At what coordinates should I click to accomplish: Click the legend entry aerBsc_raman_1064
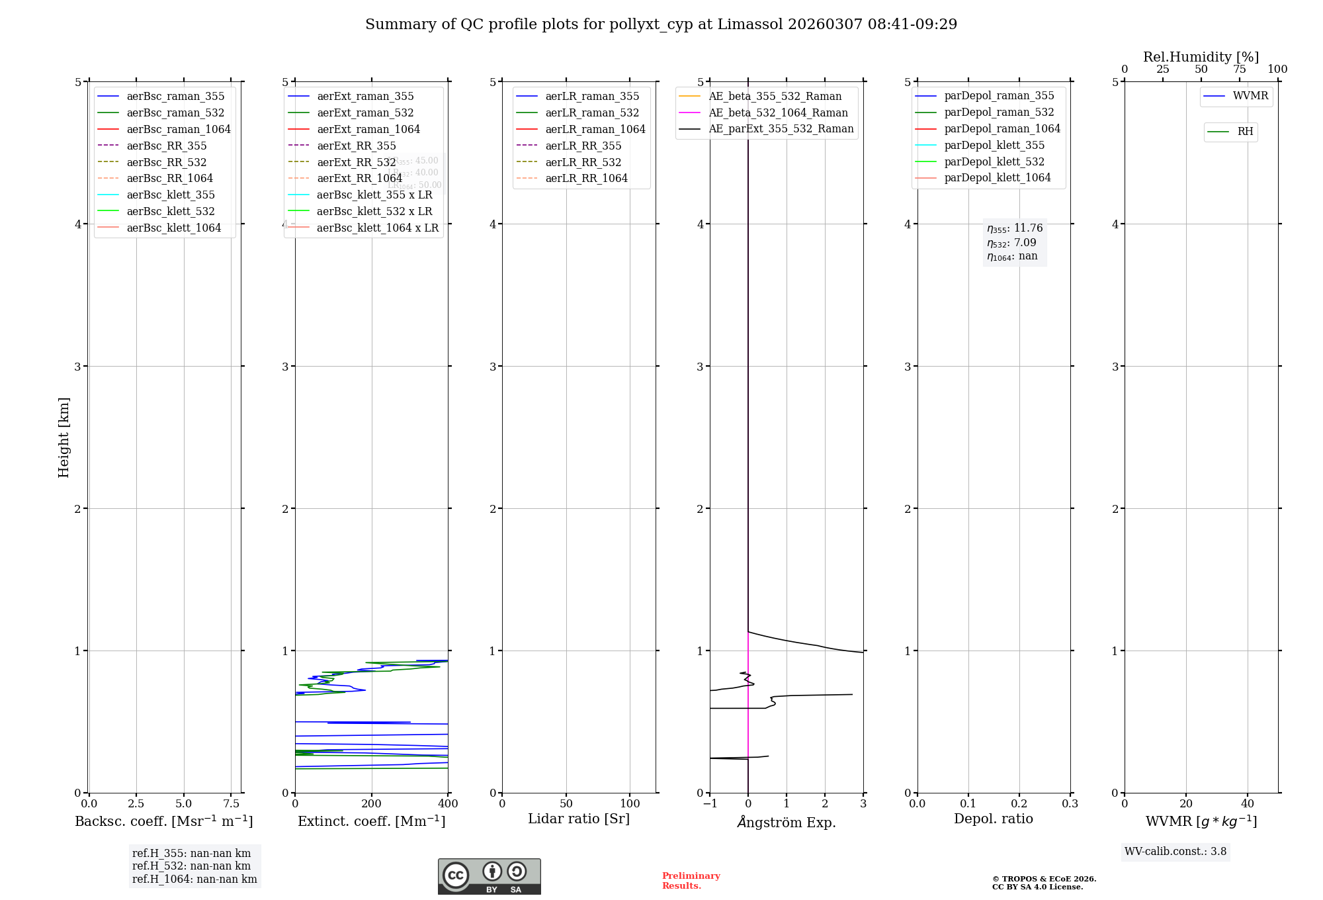click(x=179, y=129)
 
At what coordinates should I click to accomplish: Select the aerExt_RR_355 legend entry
click(x=356, y=146)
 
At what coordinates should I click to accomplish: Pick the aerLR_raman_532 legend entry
click(x=592, y=112)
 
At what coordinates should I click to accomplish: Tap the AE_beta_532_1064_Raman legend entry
click(x=778, y=112)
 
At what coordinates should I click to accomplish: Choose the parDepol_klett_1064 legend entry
click(x=997, y=177)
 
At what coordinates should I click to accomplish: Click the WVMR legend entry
click(x=1250, y=96)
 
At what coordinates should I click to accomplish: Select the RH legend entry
click(x=1245, y=132)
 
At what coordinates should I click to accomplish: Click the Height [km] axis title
click(x=64, y=437)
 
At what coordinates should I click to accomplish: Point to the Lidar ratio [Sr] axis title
click(x=579, y=819)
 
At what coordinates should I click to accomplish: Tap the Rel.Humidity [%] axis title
click(x=1201, y=57)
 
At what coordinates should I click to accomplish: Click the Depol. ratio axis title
click(x=993, y=819)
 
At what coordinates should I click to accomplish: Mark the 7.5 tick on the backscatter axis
click(x=231, y=803)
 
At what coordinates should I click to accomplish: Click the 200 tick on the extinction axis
click(x=372, y=803)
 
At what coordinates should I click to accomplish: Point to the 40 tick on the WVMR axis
click(x=1248, y=803)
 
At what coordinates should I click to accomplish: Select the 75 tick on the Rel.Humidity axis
click(x=1239, y=69)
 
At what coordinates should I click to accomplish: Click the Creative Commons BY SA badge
click(x=489, y=877)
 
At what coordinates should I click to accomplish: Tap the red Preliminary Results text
click(x=691, y=881)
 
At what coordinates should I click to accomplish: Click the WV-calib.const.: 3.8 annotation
click(x=1175, y=852)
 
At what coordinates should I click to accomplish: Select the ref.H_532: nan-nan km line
click(x=191, y=866)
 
